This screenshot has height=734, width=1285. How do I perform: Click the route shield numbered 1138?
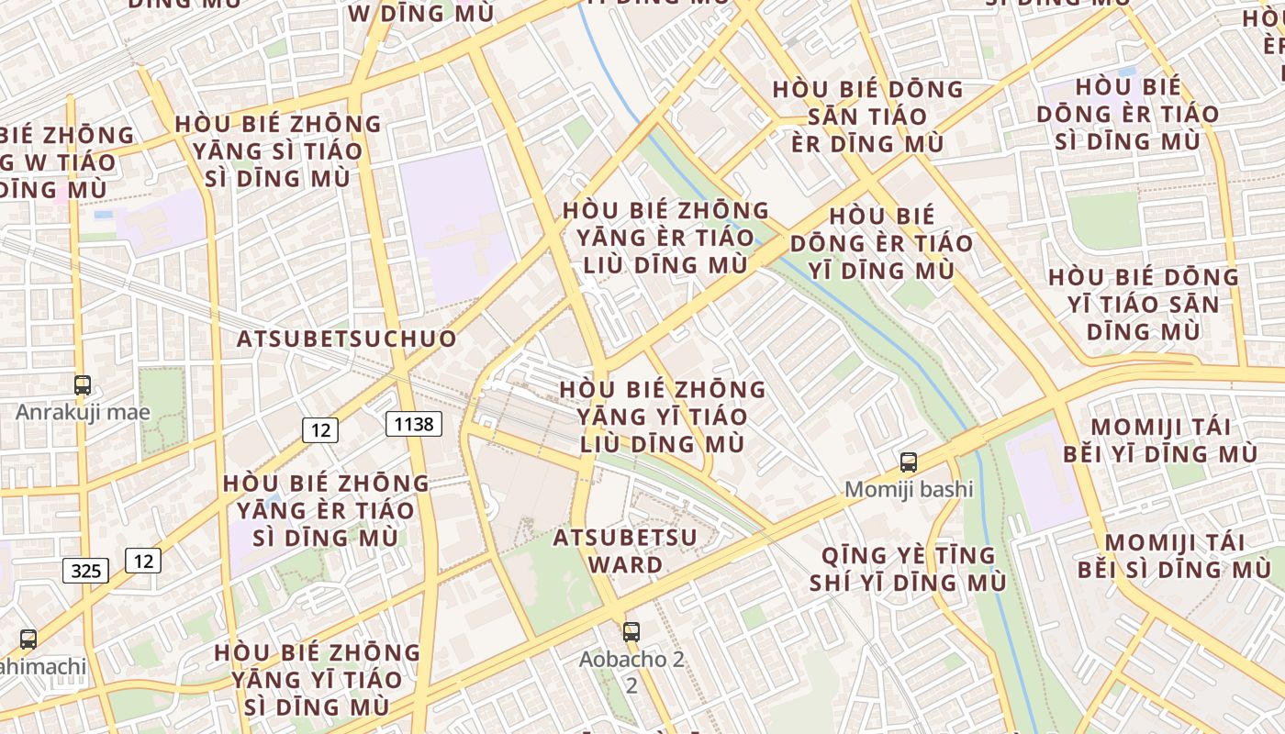click(414, 423)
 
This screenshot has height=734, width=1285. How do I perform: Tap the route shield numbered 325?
click(86, 571)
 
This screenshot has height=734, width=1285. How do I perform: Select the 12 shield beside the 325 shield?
click(143, 560)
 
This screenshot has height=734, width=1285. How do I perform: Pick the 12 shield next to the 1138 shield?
click(319, 429)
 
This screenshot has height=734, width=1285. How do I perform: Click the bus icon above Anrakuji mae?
click(83, 385)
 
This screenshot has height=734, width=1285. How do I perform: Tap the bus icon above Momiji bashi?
click(909, 462)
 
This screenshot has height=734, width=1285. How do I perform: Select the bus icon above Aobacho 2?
click(631, 631)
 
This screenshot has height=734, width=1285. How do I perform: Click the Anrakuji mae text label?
click(83, 412)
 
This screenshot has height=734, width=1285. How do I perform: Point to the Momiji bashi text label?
click(909, 489)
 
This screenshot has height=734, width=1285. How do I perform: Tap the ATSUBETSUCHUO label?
click(347, 339)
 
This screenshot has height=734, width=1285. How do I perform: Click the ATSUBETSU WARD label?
click(625, 550)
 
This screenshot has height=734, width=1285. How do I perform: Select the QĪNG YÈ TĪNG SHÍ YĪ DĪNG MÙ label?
click(908, 569)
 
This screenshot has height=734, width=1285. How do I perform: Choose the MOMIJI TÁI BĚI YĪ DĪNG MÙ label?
click(1160, 440)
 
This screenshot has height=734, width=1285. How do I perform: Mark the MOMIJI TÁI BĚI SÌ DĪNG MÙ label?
click(1175, 556)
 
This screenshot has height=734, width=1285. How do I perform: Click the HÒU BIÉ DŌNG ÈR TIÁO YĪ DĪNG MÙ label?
click(881, 243)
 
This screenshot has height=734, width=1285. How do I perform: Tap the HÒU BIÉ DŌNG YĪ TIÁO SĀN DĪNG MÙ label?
click(1144, 304)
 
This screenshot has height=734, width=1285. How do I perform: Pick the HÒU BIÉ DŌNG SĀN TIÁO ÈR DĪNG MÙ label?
click(868, 117)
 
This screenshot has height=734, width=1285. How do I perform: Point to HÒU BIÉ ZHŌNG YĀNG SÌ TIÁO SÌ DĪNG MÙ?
click(278, 150)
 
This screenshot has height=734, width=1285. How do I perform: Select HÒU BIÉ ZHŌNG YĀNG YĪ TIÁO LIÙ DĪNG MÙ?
click(663, 417)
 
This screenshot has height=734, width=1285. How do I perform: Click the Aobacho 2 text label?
click(631, 659)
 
